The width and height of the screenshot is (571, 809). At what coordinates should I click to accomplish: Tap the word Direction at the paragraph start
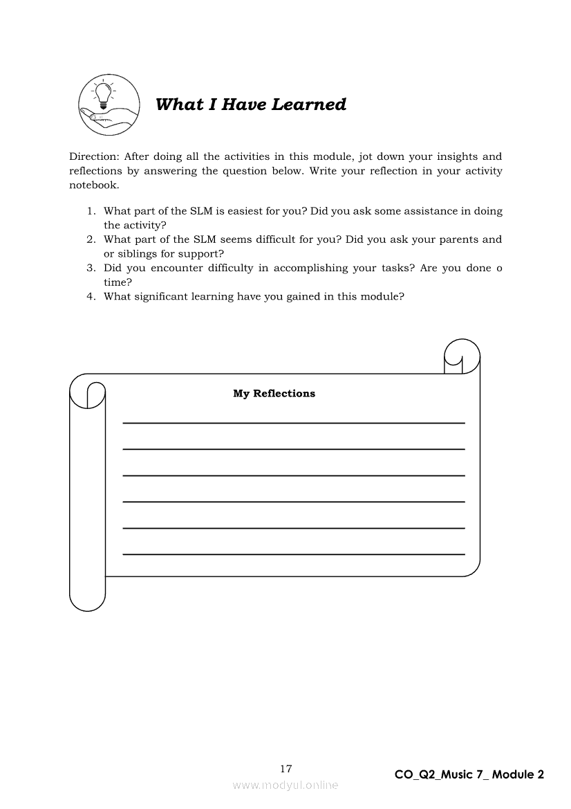click(x=93, y=156)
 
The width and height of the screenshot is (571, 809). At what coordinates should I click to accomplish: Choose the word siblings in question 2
click(x=135, y=253)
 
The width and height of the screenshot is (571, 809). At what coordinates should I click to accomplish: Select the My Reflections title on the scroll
click(x=274, y=393)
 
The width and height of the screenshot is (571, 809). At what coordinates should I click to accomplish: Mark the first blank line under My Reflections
click(x=293, y=422)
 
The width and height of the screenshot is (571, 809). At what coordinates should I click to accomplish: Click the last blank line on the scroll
click(x=293, y=554)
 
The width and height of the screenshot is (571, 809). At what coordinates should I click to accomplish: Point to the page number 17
click(x=286, y=768)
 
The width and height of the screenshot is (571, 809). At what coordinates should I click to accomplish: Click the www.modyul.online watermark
click(x=285, y=785)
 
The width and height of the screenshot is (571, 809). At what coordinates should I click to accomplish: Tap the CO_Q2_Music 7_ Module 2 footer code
click(x=469, y=774)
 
